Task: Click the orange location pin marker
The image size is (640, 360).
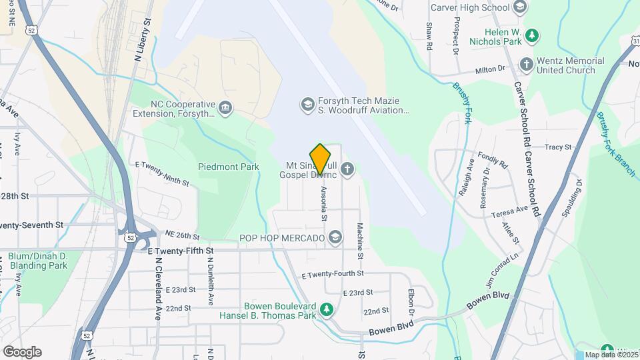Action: (321, 159)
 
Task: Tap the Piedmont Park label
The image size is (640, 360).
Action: (228, 167)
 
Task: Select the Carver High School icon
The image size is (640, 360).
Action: (521, 7)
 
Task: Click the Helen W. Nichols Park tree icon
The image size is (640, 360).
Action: (531, 35)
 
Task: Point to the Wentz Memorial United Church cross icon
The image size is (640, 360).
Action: (526, 65)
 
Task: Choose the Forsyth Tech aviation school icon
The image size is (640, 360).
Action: (307, 104)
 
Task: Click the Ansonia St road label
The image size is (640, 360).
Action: (324, 204)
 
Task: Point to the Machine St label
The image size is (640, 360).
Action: (359, 241)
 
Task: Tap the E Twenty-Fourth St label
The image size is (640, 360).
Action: (333, 274)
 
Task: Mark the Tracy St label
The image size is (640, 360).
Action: (558, 147)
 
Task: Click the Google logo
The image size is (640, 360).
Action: (21, 352)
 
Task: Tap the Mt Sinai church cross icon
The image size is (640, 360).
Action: (347, 169)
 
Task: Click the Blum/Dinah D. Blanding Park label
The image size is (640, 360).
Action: (37, 261)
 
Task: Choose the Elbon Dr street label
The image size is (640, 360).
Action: (411, 303)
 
